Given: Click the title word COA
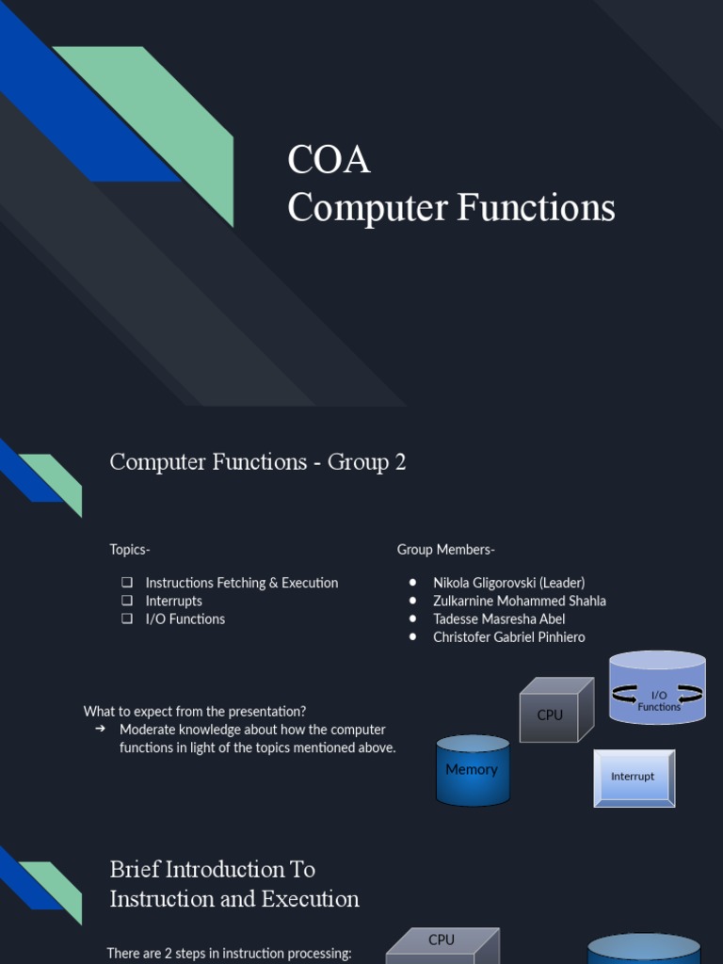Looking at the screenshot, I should pos(329,160).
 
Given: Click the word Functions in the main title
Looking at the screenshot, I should pos(536,208).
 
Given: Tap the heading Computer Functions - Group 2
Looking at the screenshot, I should pos(258,462).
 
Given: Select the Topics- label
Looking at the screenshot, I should pos(130,550).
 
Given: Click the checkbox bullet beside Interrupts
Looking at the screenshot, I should pos(127,601).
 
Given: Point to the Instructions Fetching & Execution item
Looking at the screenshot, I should pos(241,583).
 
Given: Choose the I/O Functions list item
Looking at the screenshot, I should pos(185,619).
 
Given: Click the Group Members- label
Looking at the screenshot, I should pos(446,550).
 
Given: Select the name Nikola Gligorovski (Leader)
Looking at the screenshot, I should pos(508,583).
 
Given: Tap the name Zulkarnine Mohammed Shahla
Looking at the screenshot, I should pos(519,601).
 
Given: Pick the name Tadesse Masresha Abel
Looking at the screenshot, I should pos(499,619).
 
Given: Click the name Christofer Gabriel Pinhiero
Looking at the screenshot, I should pos(508,637).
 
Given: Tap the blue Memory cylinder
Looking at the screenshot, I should pos(473,770).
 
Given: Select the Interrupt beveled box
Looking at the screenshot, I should pos(634,778).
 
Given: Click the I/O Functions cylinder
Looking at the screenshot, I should pos(658,689).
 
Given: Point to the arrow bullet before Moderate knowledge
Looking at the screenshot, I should pos(100,730).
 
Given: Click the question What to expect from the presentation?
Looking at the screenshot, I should pos(195,712).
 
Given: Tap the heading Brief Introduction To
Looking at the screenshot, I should pos(213,869).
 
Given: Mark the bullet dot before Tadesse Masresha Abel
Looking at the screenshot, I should pos(413,619).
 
